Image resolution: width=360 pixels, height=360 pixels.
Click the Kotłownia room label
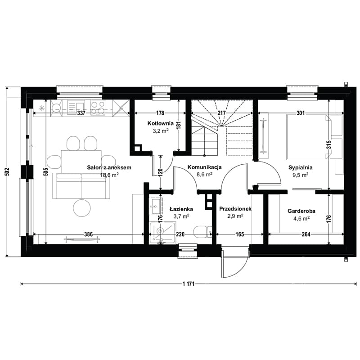pos(160,123)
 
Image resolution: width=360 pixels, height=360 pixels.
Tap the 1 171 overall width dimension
pos(189,284)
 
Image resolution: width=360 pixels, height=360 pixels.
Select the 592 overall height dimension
pos(7,172)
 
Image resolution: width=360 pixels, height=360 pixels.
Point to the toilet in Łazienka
pos(203,232)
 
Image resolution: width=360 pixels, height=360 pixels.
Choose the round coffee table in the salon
pos(82,207)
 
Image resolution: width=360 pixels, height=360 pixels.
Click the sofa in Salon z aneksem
pos(81,186)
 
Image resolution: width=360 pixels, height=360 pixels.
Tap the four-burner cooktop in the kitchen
pos(98,108)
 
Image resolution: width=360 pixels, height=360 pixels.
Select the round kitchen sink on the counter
pos(56,107)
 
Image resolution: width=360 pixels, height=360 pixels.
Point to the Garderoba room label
pos(301,211)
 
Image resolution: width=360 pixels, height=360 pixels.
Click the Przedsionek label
pos(235,209)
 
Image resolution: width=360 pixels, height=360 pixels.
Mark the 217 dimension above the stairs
pos(222,113)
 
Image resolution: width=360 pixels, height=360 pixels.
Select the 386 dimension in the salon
pos(88,234)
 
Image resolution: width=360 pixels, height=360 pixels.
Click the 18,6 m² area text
pos(109,175)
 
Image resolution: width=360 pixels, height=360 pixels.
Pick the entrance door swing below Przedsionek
pos(234,262)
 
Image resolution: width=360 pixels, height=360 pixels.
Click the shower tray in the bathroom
pos(162,233)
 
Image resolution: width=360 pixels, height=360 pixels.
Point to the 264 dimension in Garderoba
pos(306,234)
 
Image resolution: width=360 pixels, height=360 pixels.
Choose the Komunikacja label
pos(205,167)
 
